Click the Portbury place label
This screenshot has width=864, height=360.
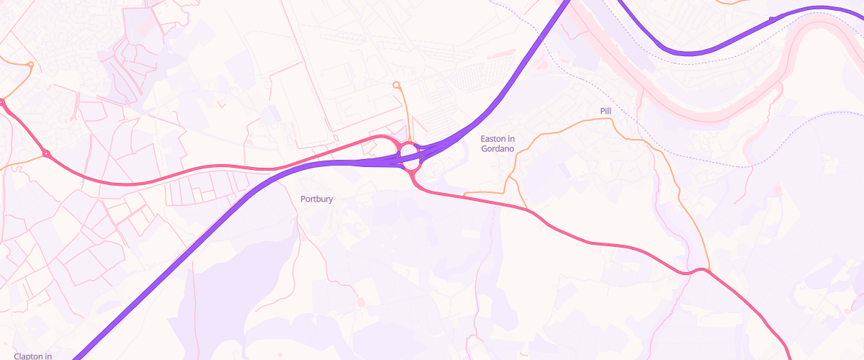pos(316,199)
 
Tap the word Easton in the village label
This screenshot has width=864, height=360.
pos(493,138)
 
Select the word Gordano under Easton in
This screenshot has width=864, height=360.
pos(498,149)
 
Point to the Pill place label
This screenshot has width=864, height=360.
pos(605,111)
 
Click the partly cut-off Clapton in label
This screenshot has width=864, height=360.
pos(33,356)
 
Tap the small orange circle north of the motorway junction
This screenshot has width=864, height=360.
pos(396,86)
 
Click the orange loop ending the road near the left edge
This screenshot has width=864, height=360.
pos(30,65)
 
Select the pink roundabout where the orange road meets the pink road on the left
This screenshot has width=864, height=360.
pos(47,153)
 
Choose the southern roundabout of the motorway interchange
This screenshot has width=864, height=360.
pos(411,165)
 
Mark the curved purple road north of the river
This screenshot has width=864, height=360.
pos(691,52)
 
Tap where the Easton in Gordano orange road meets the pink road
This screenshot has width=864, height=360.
pos(528,210)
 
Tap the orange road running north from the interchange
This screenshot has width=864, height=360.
pos(406,115)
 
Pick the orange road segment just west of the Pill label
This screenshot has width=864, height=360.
pos(569,125)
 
